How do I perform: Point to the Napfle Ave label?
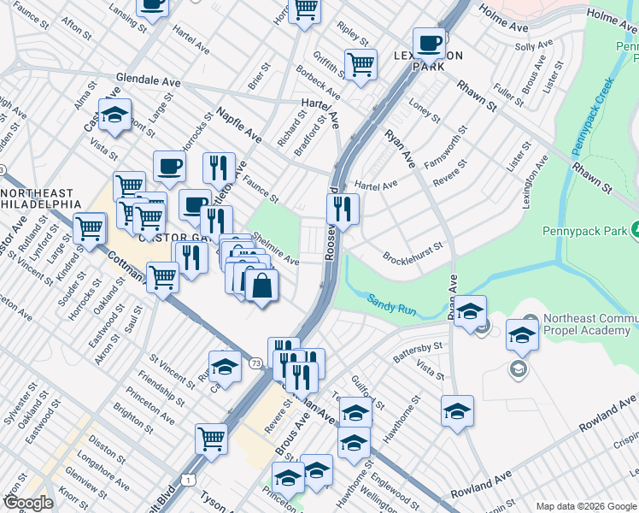[x=238, y=125]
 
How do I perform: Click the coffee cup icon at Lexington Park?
[x=429, y=43]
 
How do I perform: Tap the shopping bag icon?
[x=261, y=286]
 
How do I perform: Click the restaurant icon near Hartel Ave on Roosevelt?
[x=343, y=208]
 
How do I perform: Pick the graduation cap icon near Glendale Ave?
[x=114, y=115]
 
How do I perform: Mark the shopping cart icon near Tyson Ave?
[x=211, y=439]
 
